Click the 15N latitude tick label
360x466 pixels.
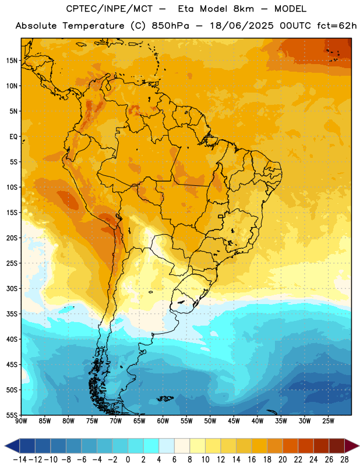point(12,61)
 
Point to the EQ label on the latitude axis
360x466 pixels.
point(13,137)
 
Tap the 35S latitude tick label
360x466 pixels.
point(12,314)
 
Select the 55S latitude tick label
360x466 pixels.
point(12,415)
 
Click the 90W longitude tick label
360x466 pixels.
point(21,421)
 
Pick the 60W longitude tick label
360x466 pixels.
point(163,421)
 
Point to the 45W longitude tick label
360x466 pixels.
point(234,421)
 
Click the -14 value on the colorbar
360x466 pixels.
point(20,460)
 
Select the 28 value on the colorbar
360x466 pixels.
point(344,460)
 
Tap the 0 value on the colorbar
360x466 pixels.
point(128,460)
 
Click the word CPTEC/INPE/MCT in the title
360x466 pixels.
point(110,9)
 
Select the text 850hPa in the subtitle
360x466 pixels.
point(170,26)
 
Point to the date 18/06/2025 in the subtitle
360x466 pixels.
point(242,26)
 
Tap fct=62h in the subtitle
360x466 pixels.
point(337,26)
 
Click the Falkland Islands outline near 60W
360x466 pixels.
point(165,398)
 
